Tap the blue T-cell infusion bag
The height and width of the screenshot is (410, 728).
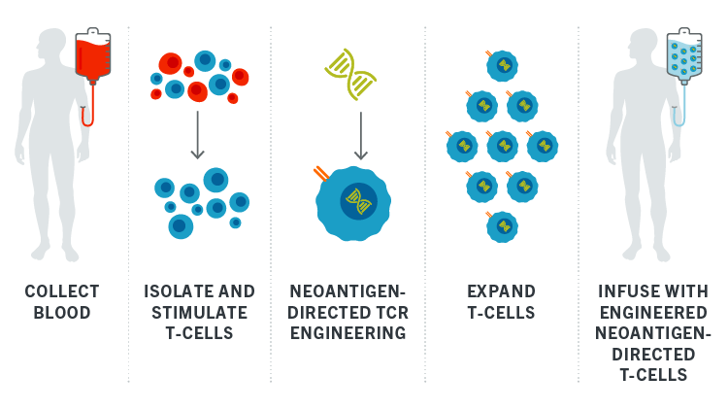(684, 55)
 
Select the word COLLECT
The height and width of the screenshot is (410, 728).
(62, 291)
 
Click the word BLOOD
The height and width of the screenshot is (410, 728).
(62, 313)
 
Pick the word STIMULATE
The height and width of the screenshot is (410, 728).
(199, 313)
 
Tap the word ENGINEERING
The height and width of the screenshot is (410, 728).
(348, 333)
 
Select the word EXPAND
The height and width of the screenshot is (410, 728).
(501, 291)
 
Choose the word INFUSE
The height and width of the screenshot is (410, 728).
(623, 291)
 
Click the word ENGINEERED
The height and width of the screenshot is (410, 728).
(653, 313)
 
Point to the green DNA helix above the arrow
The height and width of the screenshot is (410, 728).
(350, 75)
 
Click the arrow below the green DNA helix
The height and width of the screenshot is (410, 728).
(361, 136)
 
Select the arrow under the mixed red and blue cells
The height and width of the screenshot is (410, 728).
(197, 135)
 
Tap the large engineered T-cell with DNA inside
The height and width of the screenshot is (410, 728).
(353, 203)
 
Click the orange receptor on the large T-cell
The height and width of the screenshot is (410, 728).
(321, 173)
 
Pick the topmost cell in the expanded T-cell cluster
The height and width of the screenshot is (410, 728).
(502, 65)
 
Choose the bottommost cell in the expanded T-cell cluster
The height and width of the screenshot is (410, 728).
(502, 226)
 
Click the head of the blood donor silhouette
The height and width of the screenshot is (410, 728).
(52, 43)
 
